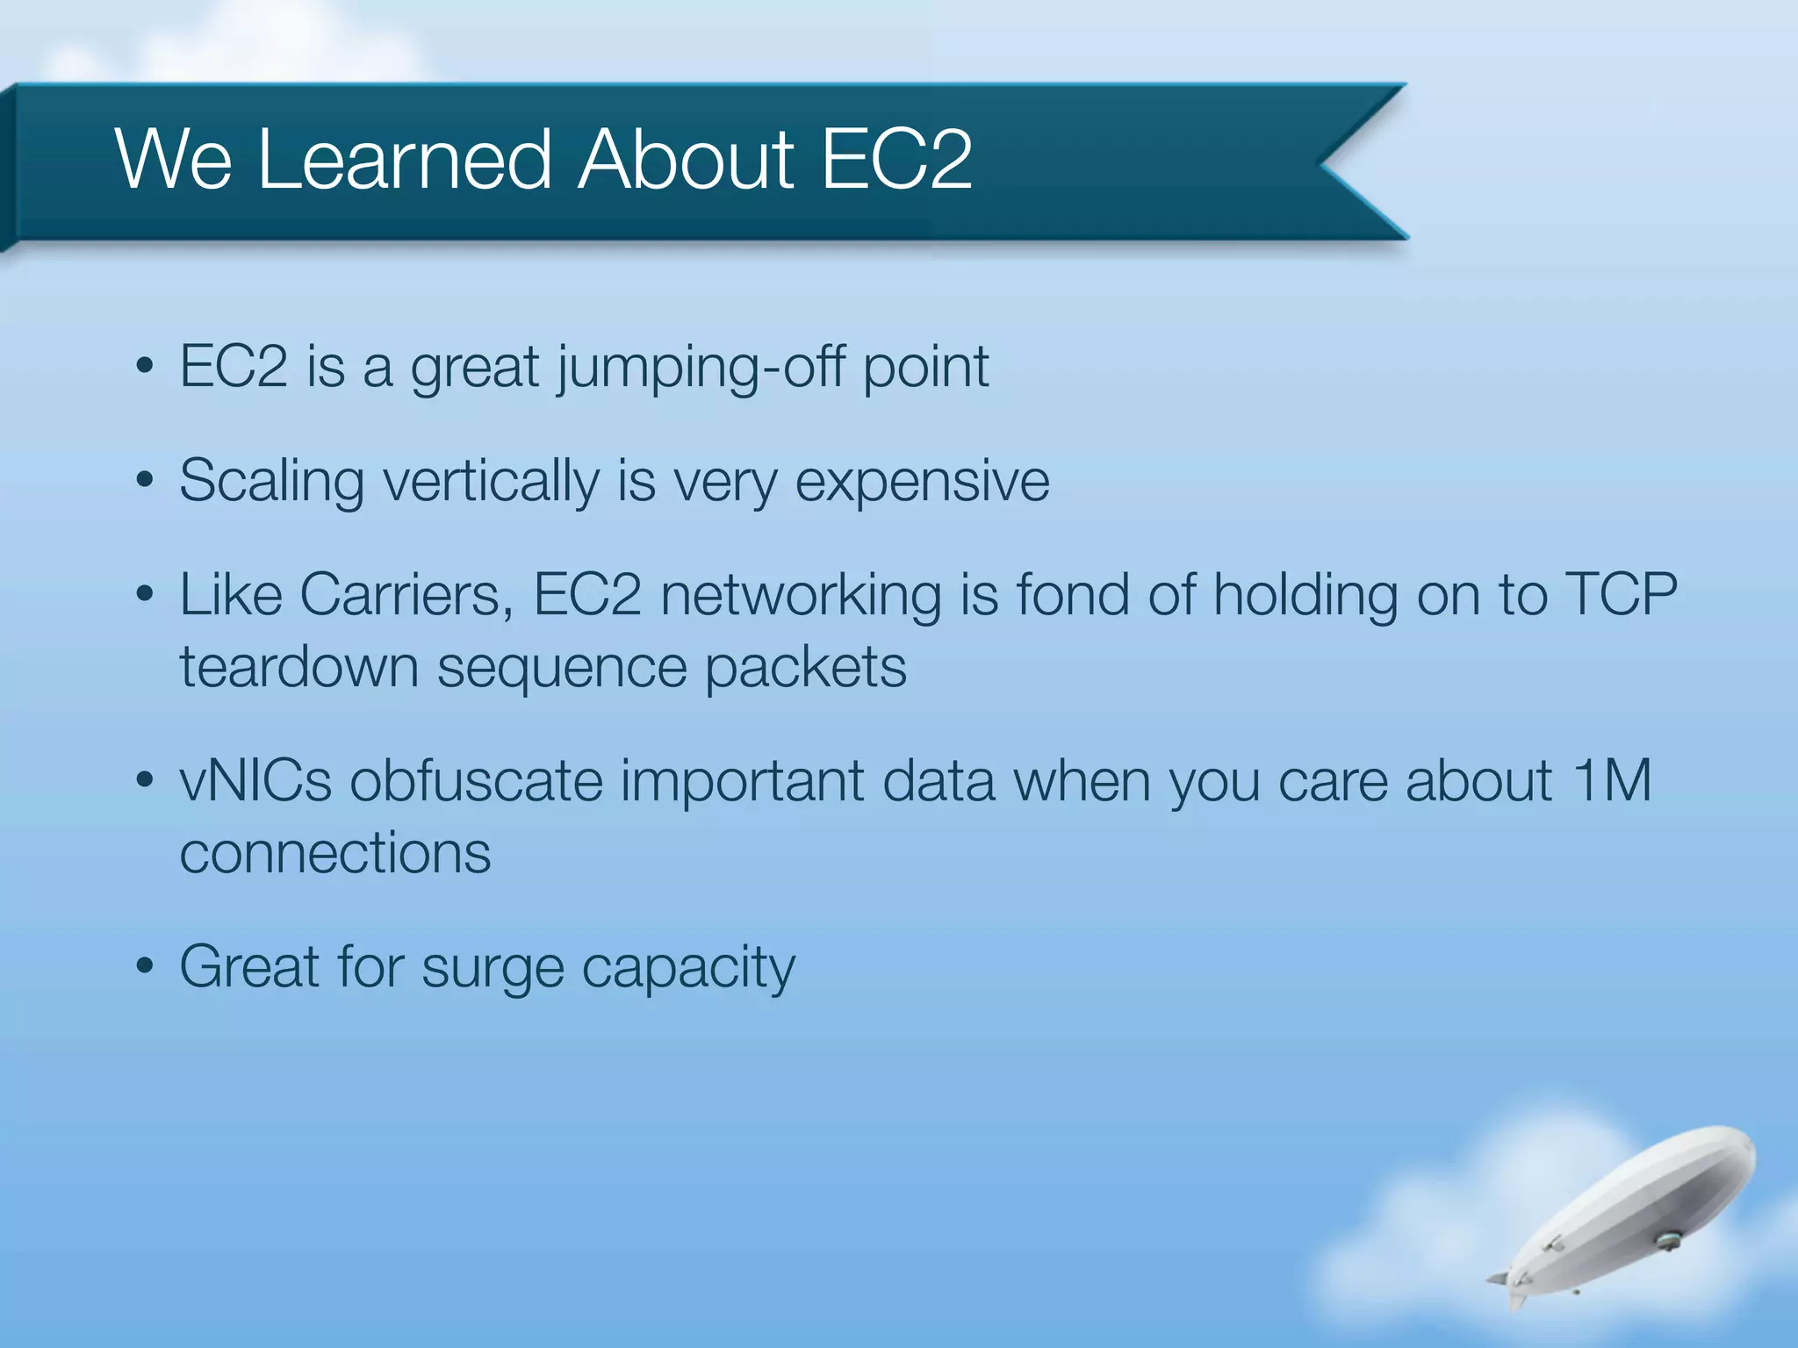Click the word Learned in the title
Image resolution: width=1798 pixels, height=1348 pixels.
click(x=404, y=160)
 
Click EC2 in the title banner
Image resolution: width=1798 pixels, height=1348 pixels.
click(x=895, y=160)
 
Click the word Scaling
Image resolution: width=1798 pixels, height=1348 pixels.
click(x=271, y=483)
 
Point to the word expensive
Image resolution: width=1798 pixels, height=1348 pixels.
click(x=921, y=483)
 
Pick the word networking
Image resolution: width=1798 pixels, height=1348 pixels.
click(x=800, y=596)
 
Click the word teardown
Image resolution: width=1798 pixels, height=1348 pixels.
click(x=298, y=668)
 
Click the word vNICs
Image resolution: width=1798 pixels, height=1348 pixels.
click(x=255, y=781)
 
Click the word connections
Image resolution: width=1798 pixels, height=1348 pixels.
click(x=334, y=854)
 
